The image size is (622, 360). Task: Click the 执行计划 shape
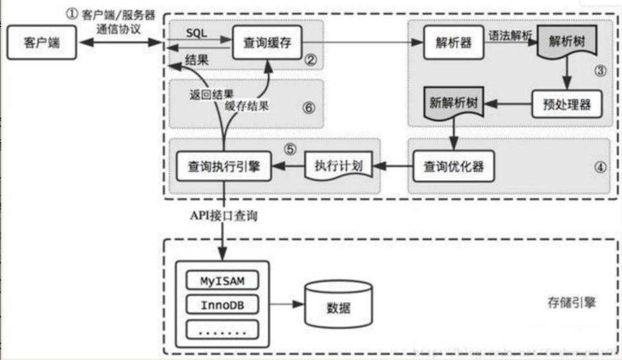pyautogui.click(x=338, y=166)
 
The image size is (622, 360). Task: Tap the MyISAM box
pyautogui.click(x=221, y=280)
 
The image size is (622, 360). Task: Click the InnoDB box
pyautogui.click(x=221, y=305)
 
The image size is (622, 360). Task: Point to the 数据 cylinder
pyautogui.click(x=338, y=306)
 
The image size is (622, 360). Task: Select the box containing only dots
pyautogui.click(x=221, y=329)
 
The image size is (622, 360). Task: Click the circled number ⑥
pyautogui.click(x=308, y=108)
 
